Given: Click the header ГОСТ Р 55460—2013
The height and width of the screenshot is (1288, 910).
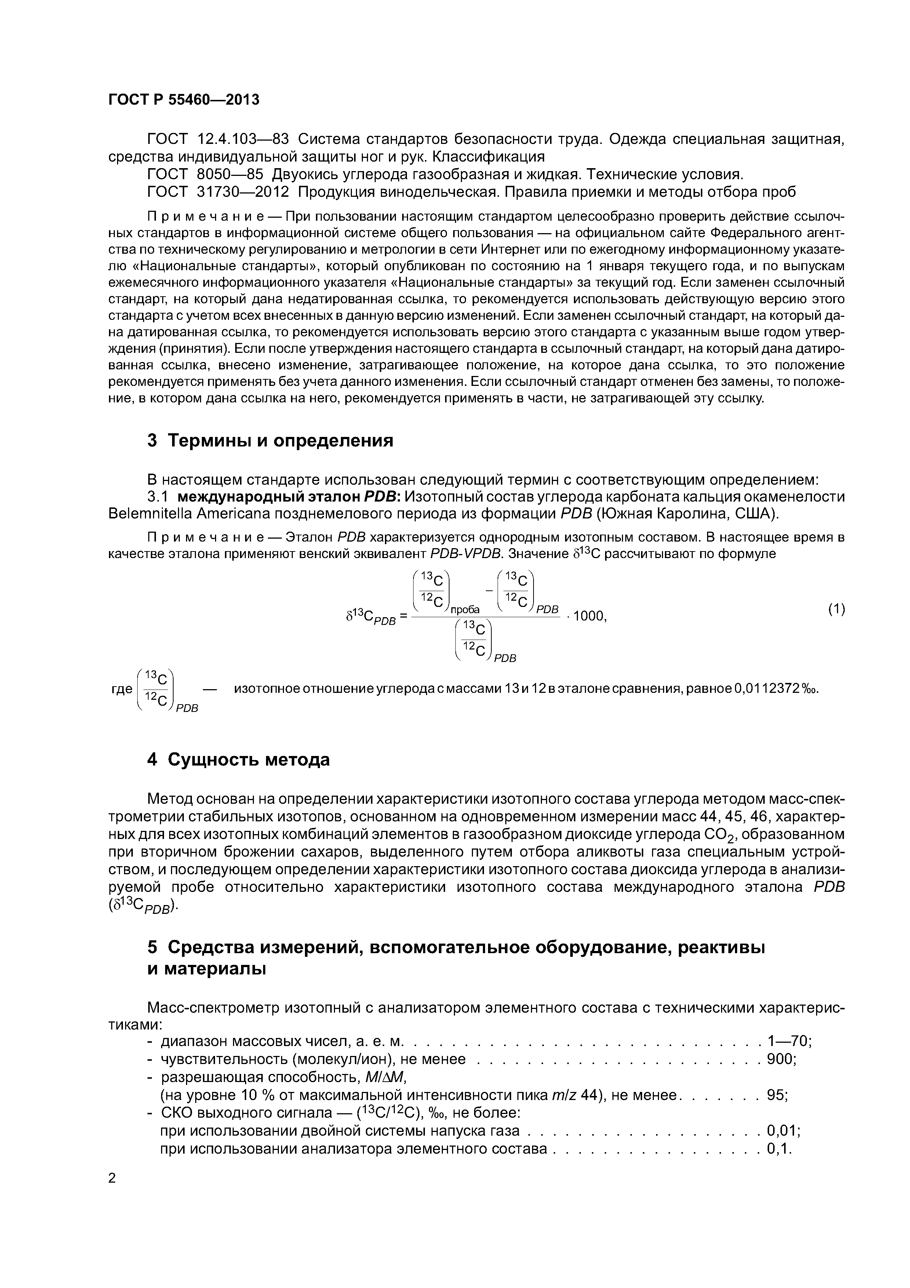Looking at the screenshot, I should pyautogui.click(x=183, y=100).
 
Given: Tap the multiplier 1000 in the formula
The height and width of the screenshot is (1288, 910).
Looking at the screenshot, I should pyautogui.click(x=589, y=616).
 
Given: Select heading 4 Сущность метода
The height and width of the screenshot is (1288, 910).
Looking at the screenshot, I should pyautogui.click(x=238, y=760).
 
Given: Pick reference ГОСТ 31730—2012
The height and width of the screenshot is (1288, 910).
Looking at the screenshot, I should pyautogui.click(x=218, y=192).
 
